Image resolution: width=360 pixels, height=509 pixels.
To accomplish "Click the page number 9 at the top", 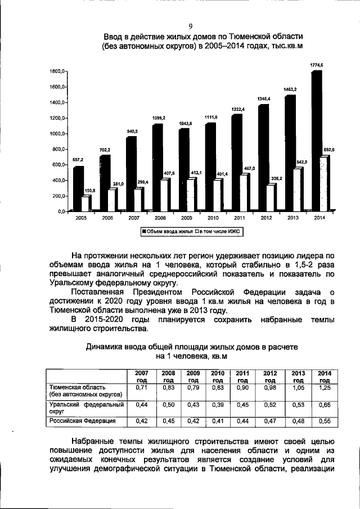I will pyautogui.click(x=191, y=26).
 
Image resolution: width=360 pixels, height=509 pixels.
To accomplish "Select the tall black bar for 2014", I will pyautogui.click(x=317, y=141).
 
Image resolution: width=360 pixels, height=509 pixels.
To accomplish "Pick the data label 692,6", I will pyautogui.click(x=330, y=150).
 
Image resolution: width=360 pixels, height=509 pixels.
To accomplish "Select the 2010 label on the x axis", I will pyautogui.click(x=213, y=217).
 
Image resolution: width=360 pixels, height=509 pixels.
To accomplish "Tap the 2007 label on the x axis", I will pyautogui.click(x=134, y=217).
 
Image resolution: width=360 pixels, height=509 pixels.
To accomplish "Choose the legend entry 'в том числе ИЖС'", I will pyautogui.click(x=218, y=231).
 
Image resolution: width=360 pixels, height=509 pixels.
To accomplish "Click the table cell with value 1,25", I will pyautogui.click(x=324, y=389).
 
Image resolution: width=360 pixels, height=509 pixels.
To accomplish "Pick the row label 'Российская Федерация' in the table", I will pyautogui.click(x=83, y=420).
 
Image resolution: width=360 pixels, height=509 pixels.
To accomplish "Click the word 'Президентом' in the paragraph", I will pyautogui.click(x=156, y=292).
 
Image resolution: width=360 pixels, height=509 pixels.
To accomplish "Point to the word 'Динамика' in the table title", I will pyautogui.click(x=106, y=348).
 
